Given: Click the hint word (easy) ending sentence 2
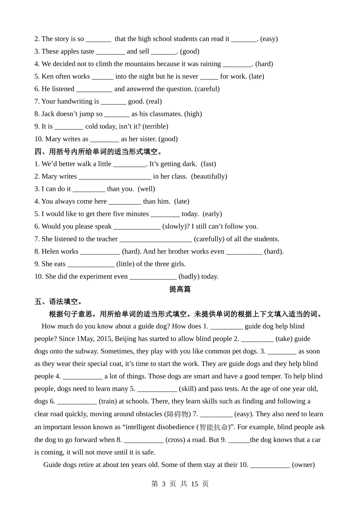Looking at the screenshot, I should [269, 39].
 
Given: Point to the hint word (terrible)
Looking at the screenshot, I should [155, 126].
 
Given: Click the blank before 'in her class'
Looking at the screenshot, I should [114, 176].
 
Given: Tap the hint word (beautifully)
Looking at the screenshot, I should [209, 176].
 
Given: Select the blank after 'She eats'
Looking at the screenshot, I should [91, 264].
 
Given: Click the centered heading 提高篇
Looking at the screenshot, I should [180, 289].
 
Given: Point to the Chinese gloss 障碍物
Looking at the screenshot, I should [177, 414].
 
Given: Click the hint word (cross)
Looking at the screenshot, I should [175, 440].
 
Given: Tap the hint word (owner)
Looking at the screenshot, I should [303, 465].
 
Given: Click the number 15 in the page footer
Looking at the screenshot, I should [195, 484].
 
